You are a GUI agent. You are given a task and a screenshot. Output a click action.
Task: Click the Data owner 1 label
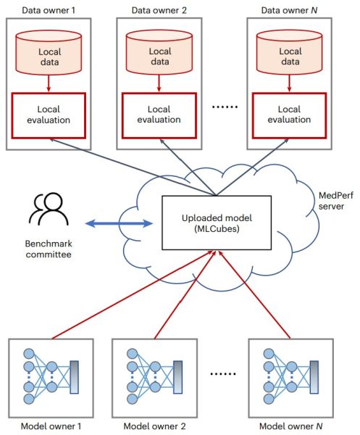pyautogui.click(x=49, y=11)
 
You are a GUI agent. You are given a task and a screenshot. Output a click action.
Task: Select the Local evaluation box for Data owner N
pyautogui.click(x=289, y=115)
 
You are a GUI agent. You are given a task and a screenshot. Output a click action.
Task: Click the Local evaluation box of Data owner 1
pyautogui.click(x=49, y=115)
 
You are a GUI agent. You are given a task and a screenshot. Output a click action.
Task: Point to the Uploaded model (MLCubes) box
pyautogui.click(x=217, y=223)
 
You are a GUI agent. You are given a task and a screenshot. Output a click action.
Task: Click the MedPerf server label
pyautogui.click(x=335, y=201)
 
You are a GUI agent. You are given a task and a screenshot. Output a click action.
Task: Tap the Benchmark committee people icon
pyautogui.click(x=49, y=209)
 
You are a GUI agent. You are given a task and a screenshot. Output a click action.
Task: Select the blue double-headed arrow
pyautogui.click(x=119, y=223)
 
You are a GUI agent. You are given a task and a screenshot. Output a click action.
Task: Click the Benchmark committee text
pyautogui.click(x=49, y=249)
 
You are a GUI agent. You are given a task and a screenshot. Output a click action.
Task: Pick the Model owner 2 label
pyautogui.click(x=154, y=426)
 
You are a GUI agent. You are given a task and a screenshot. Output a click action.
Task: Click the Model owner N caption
pyautogui.click(x=290, y=426)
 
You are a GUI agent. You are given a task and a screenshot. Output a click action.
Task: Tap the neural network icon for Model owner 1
pyautogui.click(x=51, y=376)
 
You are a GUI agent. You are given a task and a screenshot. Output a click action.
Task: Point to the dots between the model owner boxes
pyautogui.click(x=223, y=374)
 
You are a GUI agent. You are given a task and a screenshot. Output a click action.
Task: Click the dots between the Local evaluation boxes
pyautogui.click(x=225, y=107)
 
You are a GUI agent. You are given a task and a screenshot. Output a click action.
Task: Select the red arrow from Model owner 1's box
pyautogui.click(x=133, y=295)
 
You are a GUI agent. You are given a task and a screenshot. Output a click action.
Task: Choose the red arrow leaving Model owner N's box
pyautogui.click(x=254, y=295)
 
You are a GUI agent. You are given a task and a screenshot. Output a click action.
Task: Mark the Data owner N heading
pyautogui.click(x=289, y=11)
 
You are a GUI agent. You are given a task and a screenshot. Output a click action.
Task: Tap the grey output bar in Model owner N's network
pyautogui.click(x=314, y=377)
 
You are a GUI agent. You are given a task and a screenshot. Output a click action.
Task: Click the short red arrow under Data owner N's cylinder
pyautogui.click(x=289, y=83)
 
